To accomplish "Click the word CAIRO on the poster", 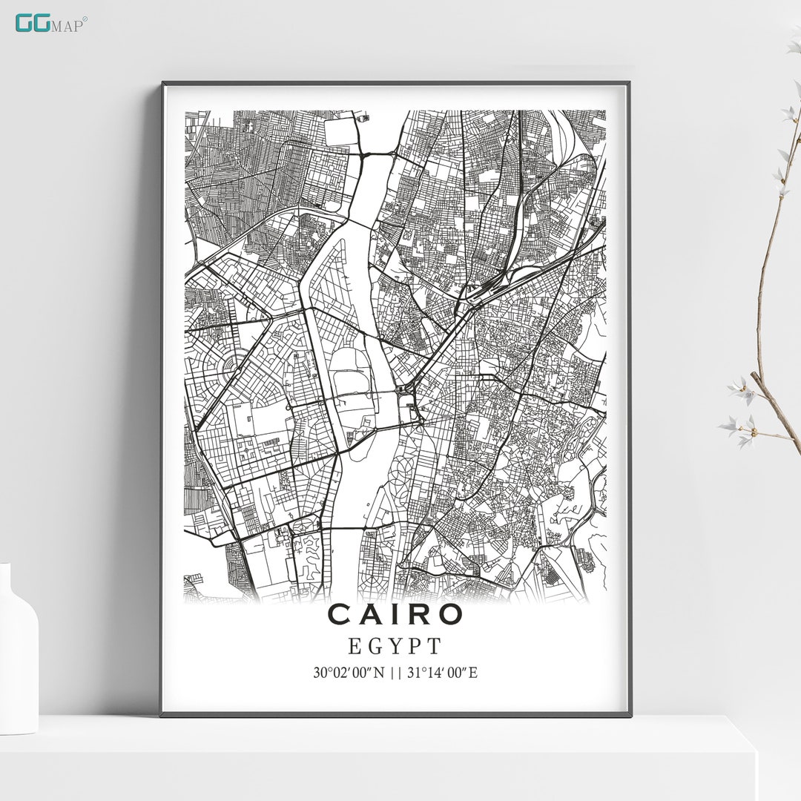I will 395,614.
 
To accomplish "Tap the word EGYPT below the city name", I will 395,646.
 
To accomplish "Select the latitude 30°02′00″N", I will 348,673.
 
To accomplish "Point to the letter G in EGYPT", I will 375,646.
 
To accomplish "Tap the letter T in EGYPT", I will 435,646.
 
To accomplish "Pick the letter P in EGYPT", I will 415,646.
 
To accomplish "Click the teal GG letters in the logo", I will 33,23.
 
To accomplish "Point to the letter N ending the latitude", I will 381,673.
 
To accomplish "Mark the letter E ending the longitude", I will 473,673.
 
